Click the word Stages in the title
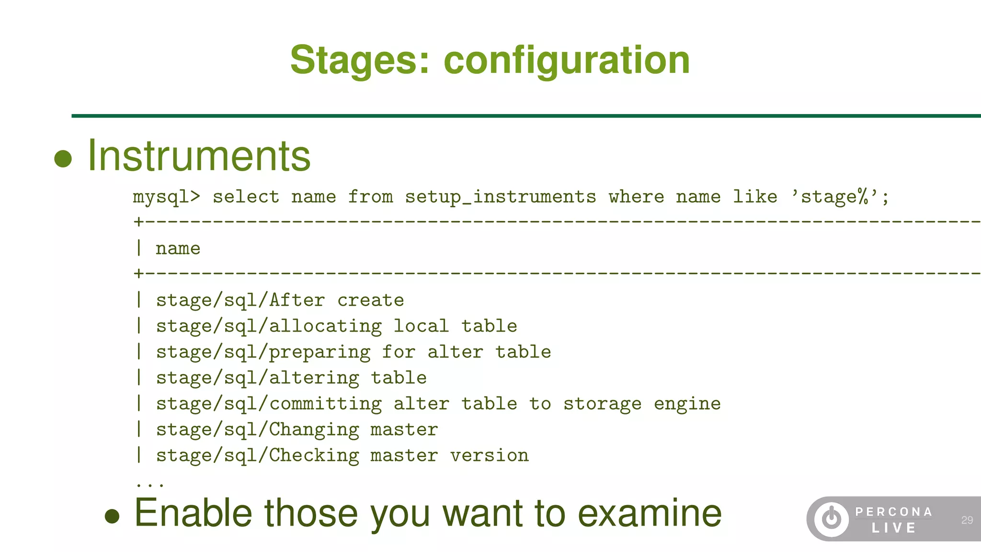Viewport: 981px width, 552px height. pos(360,60)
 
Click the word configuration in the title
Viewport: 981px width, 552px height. pos(567,61)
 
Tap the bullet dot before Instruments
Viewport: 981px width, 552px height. pos(63,159)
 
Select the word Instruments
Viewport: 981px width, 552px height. pos(199,156)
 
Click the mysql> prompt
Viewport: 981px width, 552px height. pos(166,197)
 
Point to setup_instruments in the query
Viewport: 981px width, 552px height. pos(501,197)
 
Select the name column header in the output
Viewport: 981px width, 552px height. pos(178,248)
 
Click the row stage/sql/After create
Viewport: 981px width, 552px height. pos(280,300)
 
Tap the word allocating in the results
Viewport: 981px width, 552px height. pos(325,326)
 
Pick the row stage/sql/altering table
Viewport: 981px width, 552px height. pos(291,378)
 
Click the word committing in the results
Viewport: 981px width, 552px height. pos(325,404)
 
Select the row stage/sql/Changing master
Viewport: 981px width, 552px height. pos(297,430)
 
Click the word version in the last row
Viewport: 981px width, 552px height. pos(489,456)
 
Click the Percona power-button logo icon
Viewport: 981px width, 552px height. pos(831,519)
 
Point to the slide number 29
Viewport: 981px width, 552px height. pos(967,520)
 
